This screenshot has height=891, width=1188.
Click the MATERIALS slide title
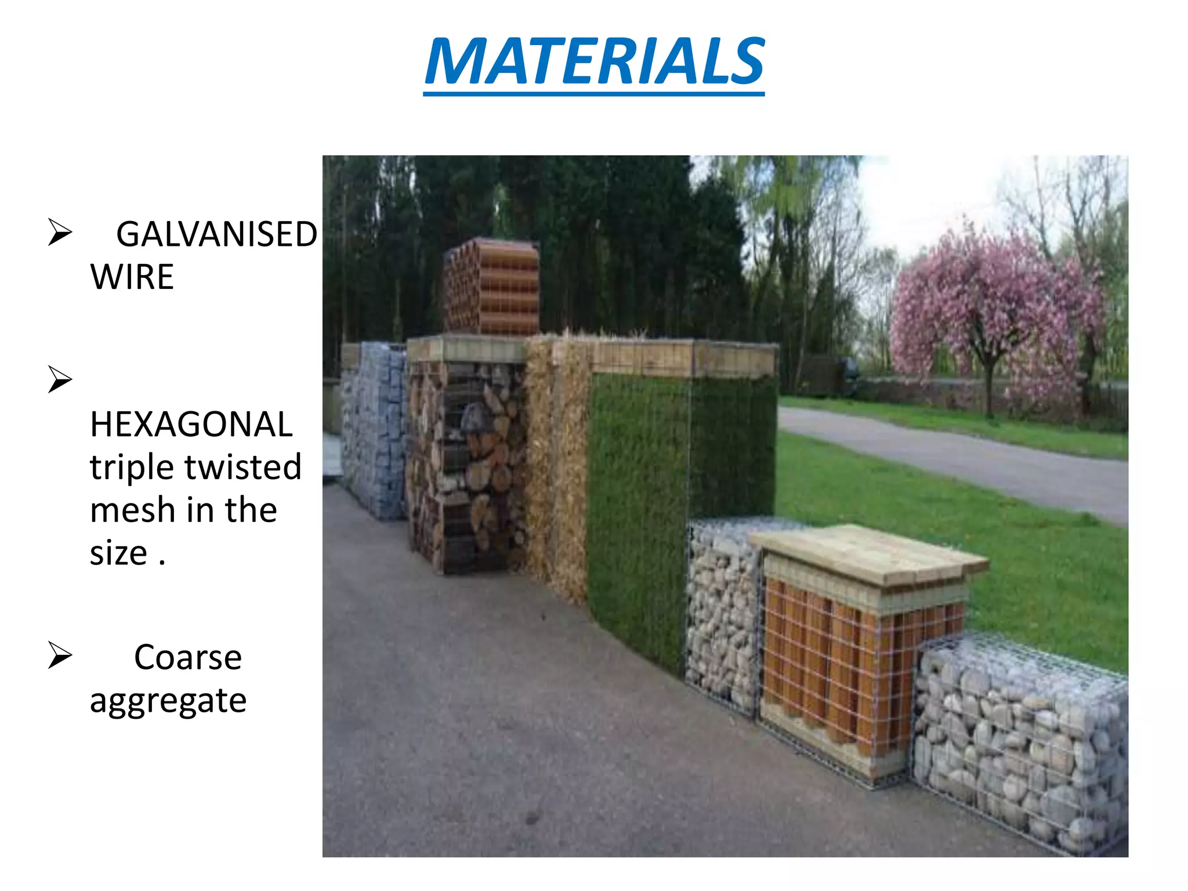[x=594, y=61]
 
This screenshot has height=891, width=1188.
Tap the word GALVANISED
[x=216, y=234]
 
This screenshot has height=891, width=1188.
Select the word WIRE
[x=132, y=277]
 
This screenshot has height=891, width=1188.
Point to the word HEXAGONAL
[x=191, y=424]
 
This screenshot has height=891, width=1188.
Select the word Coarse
[x=187, y=657]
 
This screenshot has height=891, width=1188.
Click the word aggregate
[x=168, y=701]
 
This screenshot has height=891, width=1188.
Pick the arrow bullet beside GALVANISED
[x=60, y=233]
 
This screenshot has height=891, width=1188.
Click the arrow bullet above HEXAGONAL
[x=60, y=379]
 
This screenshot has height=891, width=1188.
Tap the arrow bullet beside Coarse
[x=60, y=655]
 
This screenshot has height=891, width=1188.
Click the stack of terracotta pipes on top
[x=491, y=286]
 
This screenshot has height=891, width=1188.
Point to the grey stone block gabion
[x=374, y=429]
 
